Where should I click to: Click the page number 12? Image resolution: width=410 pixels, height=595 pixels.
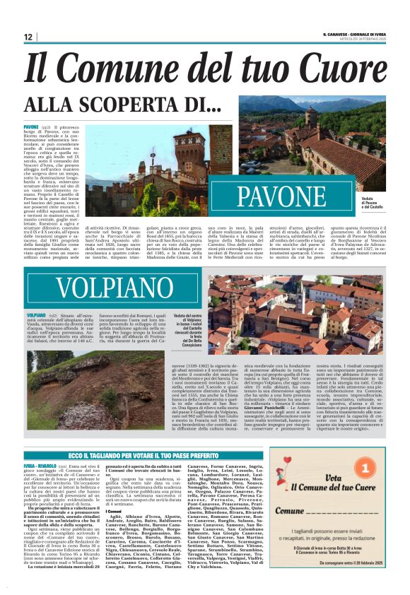tap(28, 37)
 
